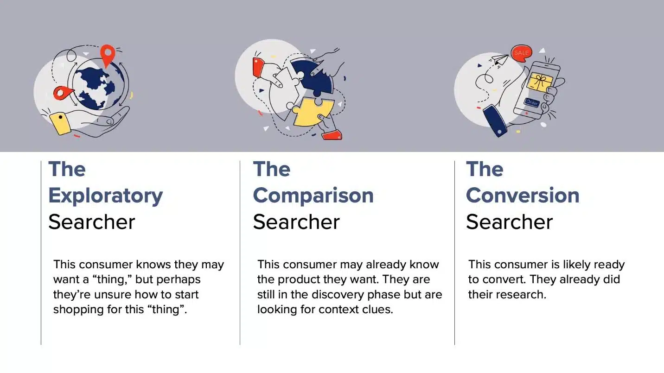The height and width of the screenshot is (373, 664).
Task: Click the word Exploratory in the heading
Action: [106, 196]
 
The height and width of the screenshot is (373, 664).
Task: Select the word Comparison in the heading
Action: [313, 196]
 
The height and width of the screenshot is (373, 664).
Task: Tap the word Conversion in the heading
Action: [523, 196]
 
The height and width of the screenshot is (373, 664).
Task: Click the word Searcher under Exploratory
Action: [92, 222]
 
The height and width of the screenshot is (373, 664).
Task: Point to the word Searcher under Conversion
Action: [509, 222]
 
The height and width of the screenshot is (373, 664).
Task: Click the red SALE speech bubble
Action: [522, 53]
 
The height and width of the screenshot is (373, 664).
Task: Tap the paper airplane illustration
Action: [499, 60]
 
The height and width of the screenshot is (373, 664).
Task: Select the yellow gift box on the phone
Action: [540, 82]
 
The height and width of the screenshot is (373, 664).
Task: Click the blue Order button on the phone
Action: [531, 102]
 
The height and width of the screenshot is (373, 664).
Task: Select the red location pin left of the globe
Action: [63, 93]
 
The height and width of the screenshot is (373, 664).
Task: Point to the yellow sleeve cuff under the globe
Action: [60, 123]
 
